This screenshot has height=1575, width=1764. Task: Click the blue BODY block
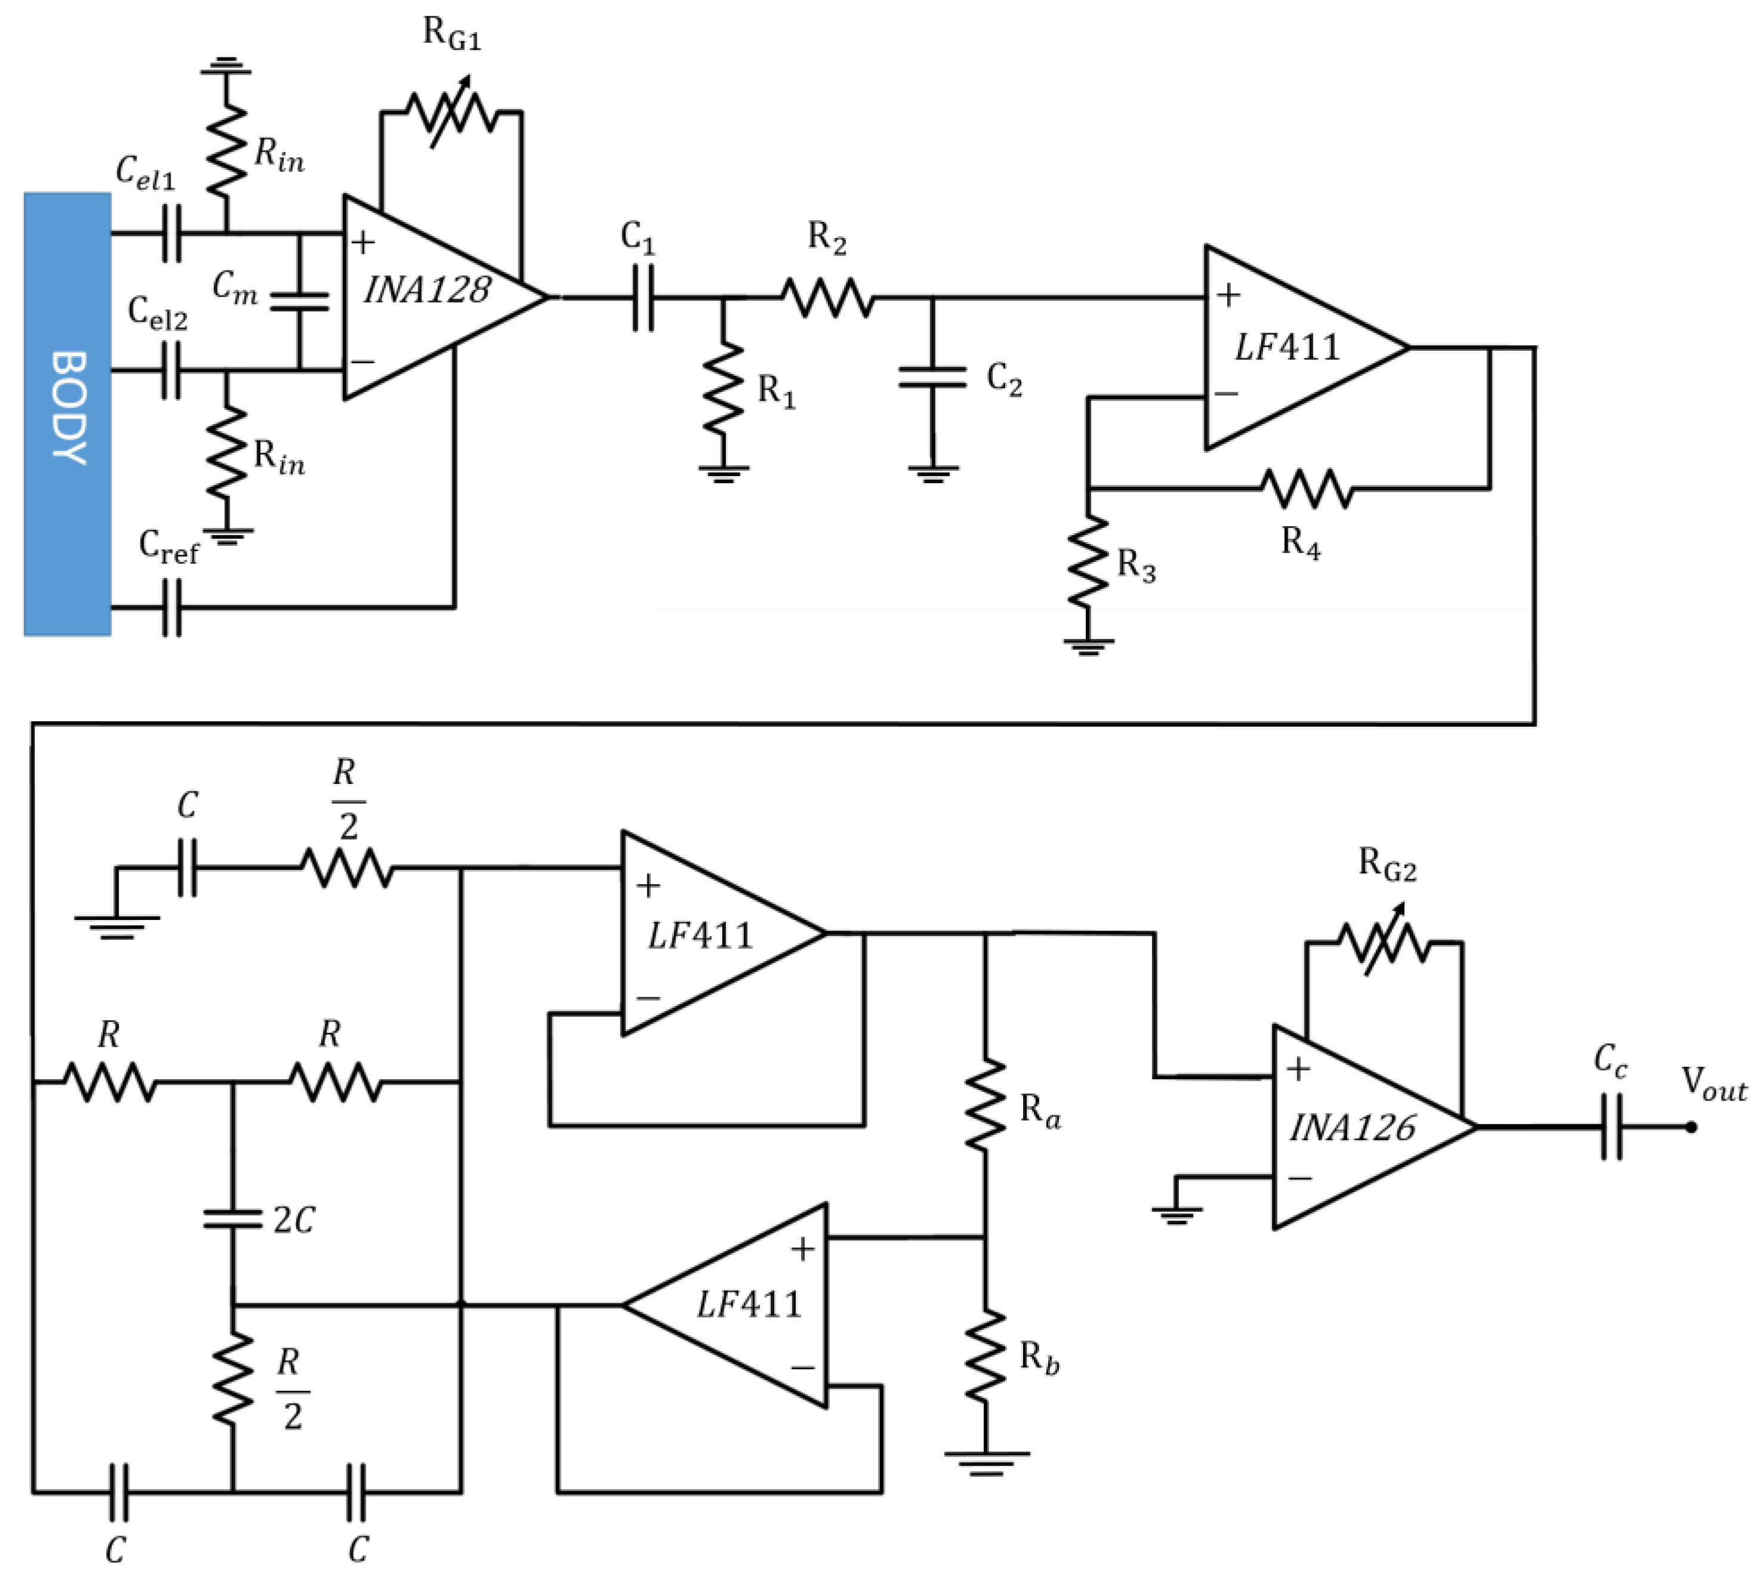[x=67, y=413]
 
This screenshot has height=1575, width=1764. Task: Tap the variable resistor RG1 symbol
[x=451, y=113]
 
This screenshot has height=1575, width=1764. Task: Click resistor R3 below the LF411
[x=1088, y=563]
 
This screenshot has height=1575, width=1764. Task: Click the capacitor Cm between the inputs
[x=299, y=301]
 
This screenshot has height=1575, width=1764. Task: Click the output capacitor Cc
[x=1611, y=1127]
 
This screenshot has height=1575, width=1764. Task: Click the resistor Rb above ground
[x=986, y=1356]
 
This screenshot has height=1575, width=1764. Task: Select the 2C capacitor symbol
[x=232, y=1219]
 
